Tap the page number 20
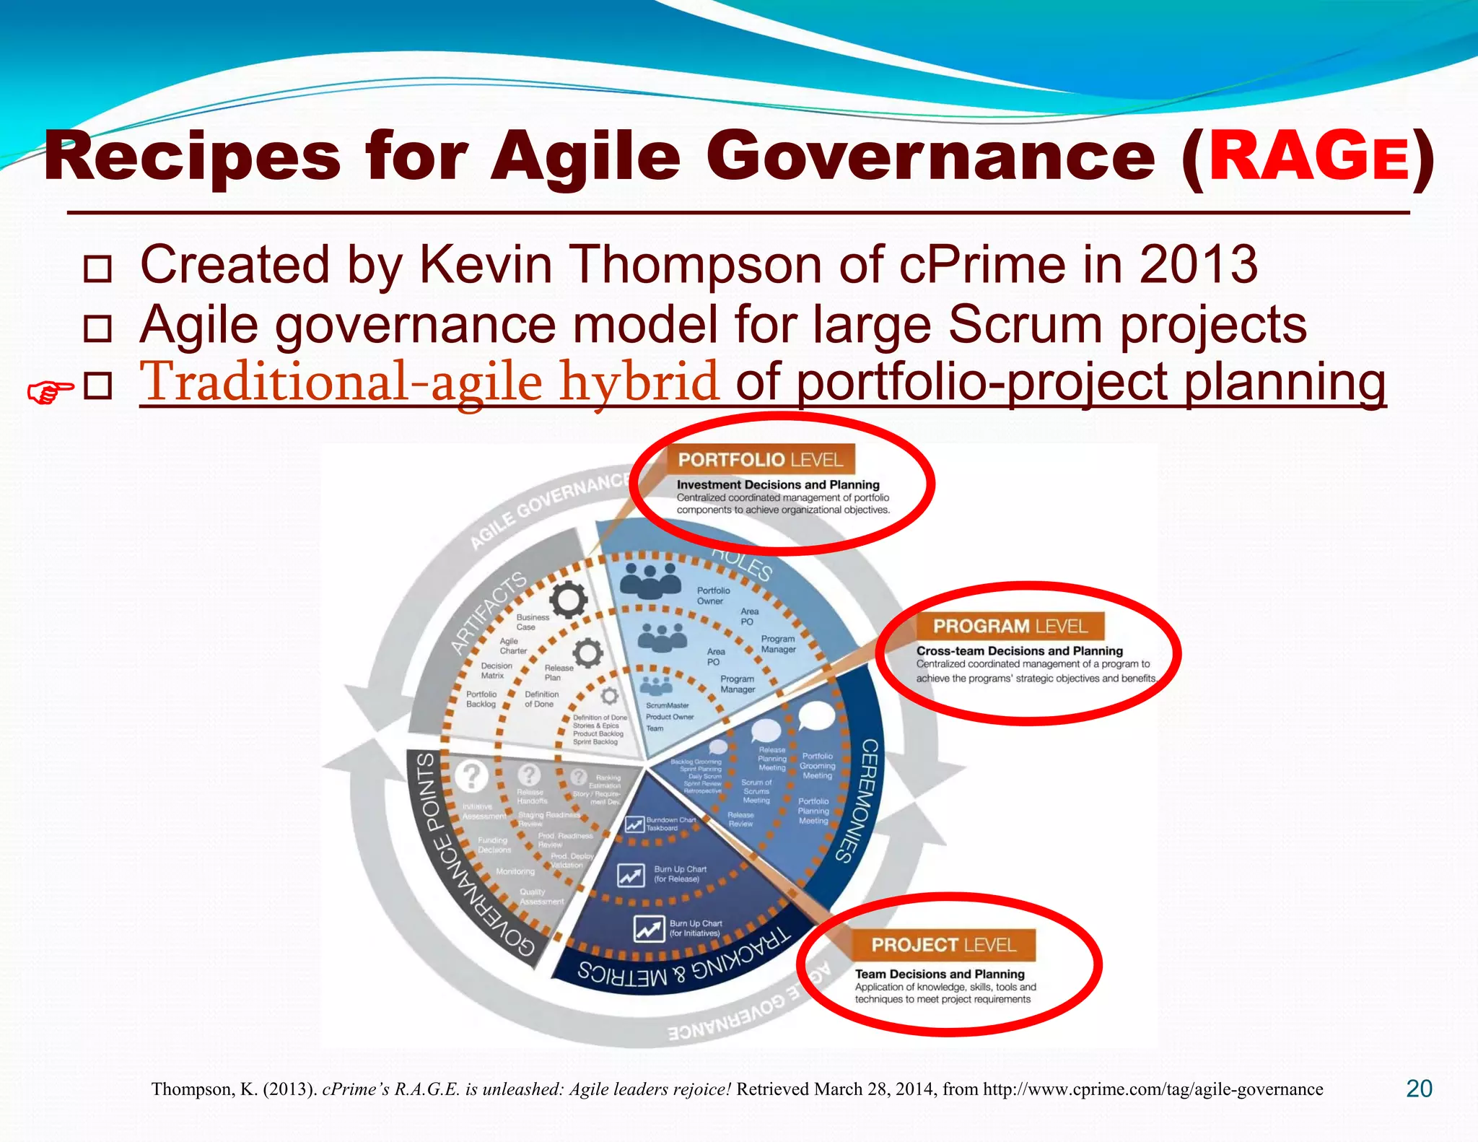point(1419,1089)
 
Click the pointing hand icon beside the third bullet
point(49,392)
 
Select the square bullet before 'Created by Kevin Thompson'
point(97,269)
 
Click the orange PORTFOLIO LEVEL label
point(760,460)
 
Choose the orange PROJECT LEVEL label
point(943,945)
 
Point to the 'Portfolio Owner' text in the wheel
point(713,596)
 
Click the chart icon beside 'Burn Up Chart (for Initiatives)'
point(649,928)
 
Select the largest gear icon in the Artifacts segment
point(568,599)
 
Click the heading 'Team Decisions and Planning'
point(940,974)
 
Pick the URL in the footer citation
point(1153,1089)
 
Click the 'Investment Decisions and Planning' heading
point(778,484)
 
